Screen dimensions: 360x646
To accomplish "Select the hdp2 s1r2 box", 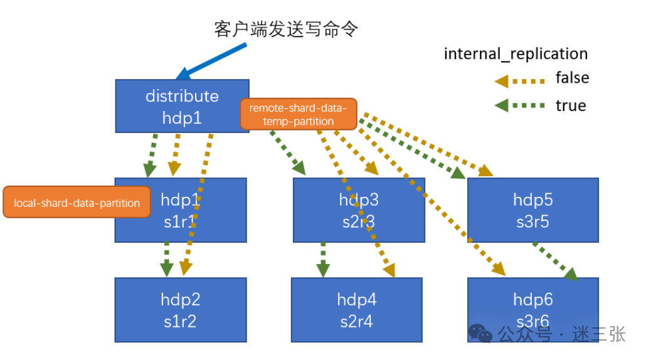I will pyautogui.click(x=180, y=310).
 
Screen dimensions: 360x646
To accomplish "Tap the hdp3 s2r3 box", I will pyautogui.click(x=359, y=210).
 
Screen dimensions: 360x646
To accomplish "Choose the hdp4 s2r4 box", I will pyautogui.click(x=356, y=310).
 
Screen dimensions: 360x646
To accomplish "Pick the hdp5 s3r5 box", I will pyautogui.click(x=532, y=210).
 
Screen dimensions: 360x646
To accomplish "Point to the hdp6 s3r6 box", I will pyautogui.click(x=532, y=310).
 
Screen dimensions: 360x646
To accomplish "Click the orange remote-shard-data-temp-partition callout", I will pyautogui.click(x=298, y=114).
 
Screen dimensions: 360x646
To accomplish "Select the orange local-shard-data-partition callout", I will pyautogui.click(x=77, y=203).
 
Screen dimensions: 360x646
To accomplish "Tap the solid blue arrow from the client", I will pyautogui.click(x=208, y=60).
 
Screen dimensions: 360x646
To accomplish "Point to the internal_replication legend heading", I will pyautogui.click(x=516, y=54).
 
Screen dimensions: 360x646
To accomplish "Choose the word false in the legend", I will pyautogui.click(x=572, y=78).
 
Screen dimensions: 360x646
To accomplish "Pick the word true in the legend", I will pyautogui.click(x=570, y=105).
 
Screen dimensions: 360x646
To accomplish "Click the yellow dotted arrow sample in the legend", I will pyautogui.click(x=519, y=80).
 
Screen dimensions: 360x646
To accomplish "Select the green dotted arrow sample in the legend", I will pyautogui.click(x=519, y=106).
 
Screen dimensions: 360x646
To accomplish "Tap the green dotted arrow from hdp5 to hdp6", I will pyautogui.click(x=554, y=260).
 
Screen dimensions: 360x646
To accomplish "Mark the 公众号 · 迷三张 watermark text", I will pyautogui.click(x=562, y=334).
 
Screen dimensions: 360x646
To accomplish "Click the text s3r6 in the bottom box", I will pyautogui.click(x=532, y=321).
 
